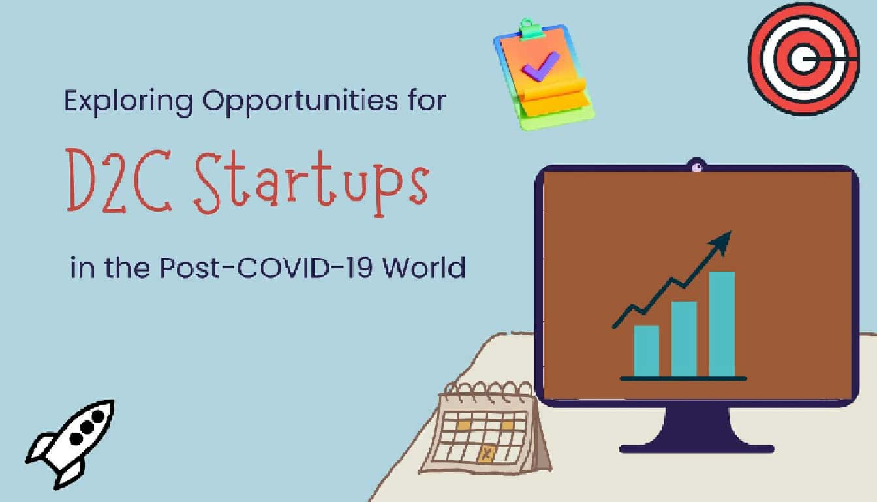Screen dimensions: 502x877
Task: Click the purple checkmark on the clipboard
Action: pos(540,66)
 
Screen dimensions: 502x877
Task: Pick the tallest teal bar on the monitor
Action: pos(721,324)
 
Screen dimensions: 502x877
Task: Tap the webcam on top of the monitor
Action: pos(696,167)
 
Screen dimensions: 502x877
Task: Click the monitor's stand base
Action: pos(696,447)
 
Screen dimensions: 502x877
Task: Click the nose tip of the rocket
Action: pos(111,403)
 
